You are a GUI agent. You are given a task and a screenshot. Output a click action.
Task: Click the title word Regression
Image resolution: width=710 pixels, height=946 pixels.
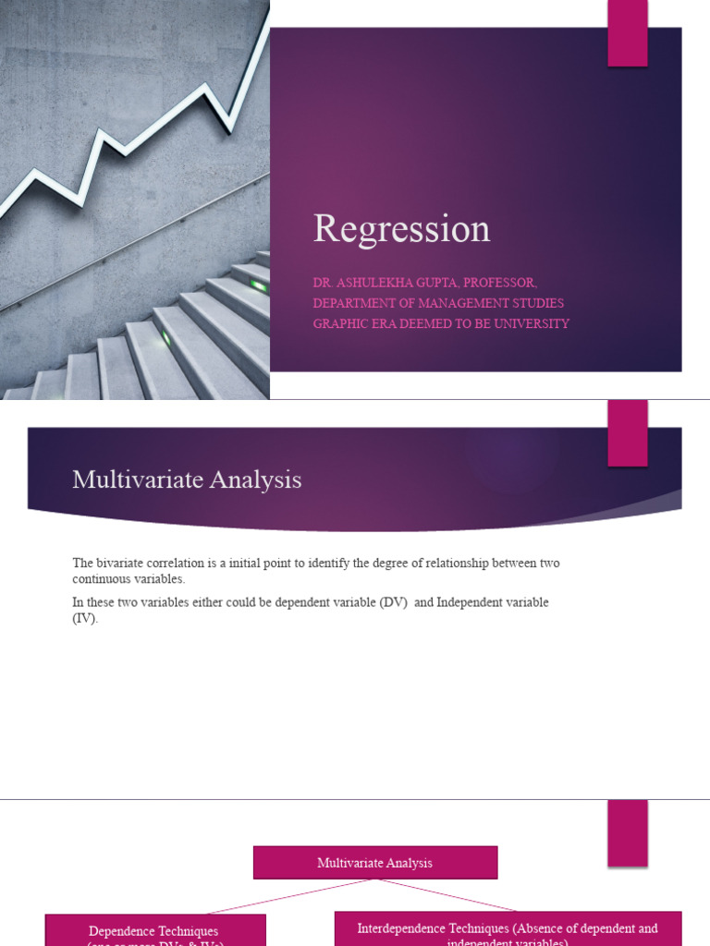401,229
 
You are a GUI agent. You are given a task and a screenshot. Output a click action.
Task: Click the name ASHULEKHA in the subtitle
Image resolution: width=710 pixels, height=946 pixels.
382,283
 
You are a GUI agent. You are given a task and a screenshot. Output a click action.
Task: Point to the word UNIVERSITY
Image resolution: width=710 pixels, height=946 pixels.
532,323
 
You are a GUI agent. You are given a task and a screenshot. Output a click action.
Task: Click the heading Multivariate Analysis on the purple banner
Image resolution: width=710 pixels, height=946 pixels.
187,479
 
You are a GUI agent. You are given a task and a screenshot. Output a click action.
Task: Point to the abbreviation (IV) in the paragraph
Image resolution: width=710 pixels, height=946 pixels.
85,618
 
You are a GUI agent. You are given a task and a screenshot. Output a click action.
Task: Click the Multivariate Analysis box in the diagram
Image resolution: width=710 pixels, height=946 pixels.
375,863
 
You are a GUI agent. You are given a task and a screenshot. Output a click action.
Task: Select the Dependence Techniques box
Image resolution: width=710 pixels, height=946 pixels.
154,931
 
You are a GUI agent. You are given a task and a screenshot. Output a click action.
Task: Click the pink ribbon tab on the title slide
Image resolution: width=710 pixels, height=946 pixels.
628,33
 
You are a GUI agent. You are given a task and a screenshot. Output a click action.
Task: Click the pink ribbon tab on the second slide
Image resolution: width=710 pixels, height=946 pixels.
628,433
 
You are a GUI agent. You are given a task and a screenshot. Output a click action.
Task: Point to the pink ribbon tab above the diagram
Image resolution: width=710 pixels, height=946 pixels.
628,832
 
